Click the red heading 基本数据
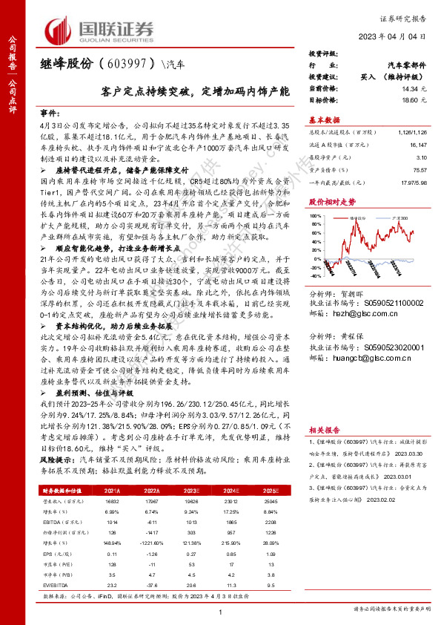click(x=324, y=120)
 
